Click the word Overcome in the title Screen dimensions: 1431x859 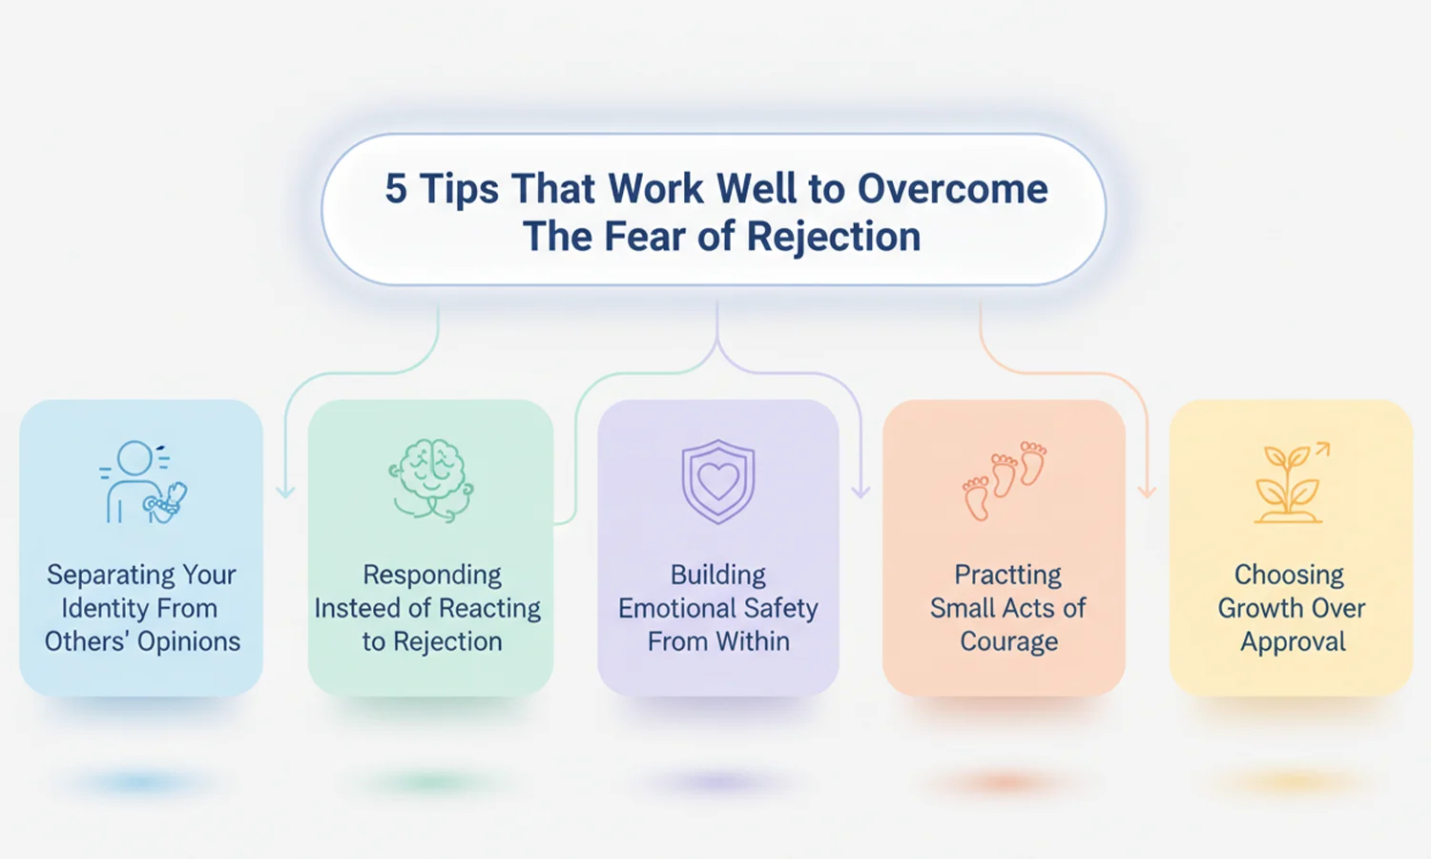[x=952, y=189]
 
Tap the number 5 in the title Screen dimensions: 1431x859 [x=396, y=189]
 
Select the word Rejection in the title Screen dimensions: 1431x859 [x=834, y=237]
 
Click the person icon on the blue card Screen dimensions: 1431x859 [x=143, y=481]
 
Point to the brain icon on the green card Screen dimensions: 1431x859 [x=431, y=480]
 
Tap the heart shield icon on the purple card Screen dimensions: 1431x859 [x=718, y=481]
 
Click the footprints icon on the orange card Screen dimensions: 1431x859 [x=1005, y=480]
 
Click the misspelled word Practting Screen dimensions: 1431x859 [x=1007, y=575]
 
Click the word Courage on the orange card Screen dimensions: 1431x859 [x=1008, y=642]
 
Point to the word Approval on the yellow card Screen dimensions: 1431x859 [x=1293, y=642]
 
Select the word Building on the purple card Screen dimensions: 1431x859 [x=718, y=576]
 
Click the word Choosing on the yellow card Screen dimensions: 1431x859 [x=1289, y=576]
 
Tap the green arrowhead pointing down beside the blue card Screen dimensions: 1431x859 [x=285, y=492]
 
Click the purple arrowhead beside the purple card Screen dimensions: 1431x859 [x=861, y=492]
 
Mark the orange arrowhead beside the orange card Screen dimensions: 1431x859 [x=1148, y=492]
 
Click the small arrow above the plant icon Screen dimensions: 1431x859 [x=1322, y=450]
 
